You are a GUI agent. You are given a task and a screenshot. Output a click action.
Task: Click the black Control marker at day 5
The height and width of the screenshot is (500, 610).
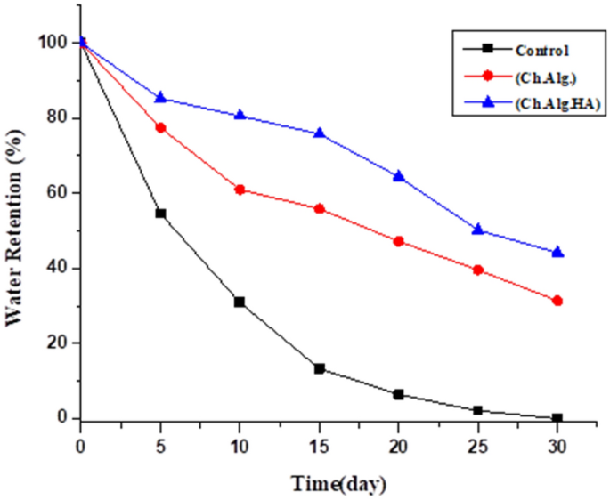[160, 214]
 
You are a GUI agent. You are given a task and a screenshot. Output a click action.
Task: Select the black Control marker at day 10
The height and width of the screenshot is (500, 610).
[240, 302]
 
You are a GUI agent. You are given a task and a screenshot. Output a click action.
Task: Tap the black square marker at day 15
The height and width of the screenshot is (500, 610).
[319, 368]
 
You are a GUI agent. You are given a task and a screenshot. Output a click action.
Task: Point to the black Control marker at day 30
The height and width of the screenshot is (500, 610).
[557, 418]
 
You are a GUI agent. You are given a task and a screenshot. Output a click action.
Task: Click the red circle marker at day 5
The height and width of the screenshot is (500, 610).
[160, 128]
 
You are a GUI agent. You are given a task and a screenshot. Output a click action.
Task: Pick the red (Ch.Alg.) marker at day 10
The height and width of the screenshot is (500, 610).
[240, 190]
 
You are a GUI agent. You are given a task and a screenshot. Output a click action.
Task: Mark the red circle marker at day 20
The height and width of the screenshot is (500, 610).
[398, 241]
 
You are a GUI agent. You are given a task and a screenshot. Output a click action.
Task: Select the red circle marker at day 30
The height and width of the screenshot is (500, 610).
[557, 301]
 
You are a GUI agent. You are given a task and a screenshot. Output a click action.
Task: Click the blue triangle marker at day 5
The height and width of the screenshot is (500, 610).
[160, 97]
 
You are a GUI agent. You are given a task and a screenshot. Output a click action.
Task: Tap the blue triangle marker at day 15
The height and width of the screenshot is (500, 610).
[319, 133]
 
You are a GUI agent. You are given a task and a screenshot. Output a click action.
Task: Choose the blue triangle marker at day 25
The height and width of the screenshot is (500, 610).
[478, 229]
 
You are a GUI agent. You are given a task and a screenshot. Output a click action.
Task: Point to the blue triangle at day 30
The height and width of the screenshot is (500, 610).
[557, 252]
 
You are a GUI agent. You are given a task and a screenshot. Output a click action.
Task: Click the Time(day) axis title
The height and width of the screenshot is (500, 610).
[338, 483]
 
